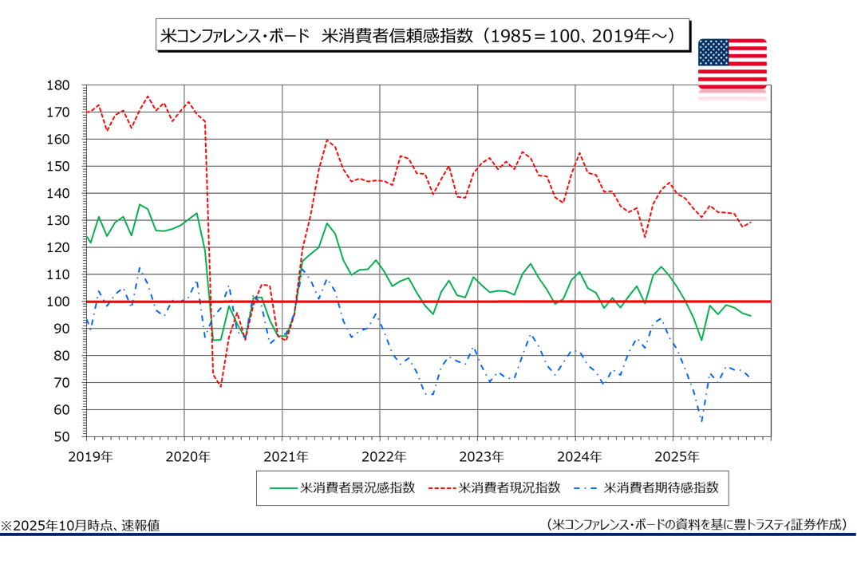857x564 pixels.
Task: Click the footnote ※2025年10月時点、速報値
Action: [80, 526]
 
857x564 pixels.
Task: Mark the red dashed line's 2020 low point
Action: [221, 386]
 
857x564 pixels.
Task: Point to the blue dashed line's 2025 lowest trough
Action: [701, 422]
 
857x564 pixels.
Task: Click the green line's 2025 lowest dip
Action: [701, 340]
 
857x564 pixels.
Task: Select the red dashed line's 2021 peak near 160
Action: [327, 140]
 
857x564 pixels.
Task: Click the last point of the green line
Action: [750, 316]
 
